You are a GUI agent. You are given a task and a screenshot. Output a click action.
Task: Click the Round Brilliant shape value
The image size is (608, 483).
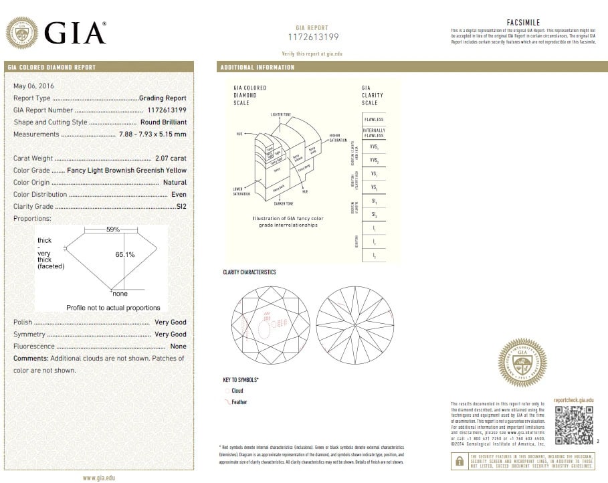163,122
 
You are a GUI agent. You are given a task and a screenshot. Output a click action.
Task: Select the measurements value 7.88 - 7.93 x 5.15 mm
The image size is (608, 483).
153,134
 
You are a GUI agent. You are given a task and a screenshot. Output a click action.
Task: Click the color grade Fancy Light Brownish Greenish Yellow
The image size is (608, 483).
127,171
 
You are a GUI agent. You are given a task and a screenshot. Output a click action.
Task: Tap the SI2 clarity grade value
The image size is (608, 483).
181,207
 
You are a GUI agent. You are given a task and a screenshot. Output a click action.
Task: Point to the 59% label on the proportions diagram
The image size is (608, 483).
113,229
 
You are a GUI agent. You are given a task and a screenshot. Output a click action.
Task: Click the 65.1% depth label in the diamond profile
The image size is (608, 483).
125,254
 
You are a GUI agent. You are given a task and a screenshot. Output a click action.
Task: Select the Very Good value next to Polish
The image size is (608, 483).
170,322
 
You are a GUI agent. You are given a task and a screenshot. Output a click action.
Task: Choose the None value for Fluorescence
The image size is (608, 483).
178,347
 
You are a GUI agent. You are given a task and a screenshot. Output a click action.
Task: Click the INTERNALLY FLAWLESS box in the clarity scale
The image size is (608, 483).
374,132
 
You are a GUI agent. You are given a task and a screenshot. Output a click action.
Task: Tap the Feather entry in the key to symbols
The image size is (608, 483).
239,402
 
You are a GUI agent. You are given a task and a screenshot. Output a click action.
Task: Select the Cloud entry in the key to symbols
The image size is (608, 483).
237,391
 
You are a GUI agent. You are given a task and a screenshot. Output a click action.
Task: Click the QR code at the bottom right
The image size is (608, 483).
575,425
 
